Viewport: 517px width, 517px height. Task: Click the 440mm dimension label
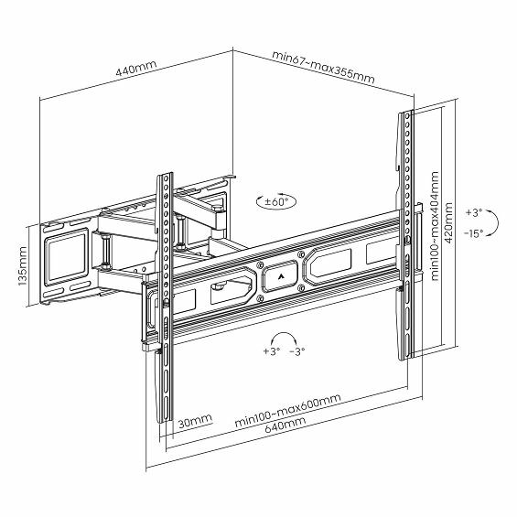135,69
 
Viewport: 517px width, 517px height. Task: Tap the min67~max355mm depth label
323,71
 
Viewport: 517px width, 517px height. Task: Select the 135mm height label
23,265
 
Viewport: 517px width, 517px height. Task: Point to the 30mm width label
195,420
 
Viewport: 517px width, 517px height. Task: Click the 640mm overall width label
285,425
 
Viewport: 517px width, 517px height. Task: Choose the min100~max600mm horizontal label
287,410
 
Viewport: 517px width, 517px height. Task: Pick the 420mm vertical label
448,223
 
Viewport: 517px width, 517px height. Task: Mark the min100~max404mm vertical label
435,226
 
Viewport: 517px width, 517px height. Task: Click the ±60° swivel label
276,201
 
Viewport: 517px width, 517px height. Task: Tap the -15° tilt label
473,233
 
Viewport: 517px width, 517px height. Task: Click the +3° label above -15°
474,212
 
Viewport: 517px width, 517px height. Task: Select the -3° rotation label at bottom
297,351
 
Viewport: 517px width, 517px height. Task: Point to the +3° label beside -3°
272,351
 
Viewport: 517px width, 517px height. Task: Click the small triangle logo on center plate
281,276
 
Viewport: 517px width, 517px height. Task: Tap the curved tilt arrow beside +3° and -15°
496,222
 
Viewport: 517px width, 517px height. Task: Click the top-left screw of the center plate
260,264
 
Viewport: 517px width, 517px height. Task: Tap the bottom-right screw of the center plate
300,288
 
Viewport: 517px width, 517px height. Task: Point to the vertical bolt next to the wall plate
105,250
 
